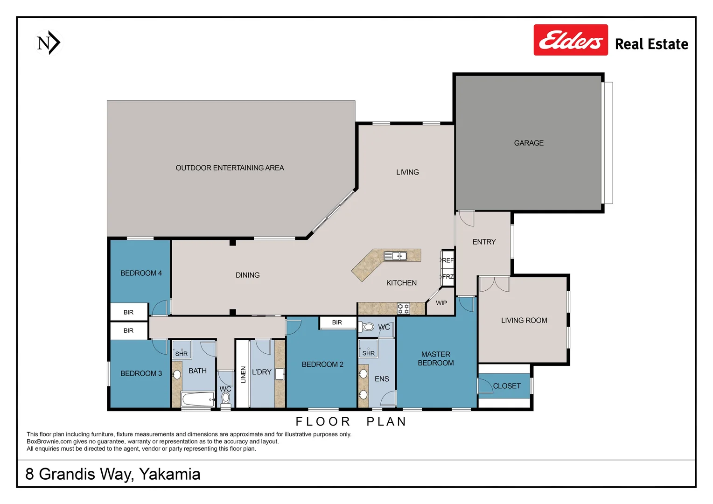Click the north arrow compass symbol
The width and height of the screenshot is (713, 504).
[49, 43]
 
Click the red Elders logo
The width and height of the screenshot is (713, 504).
[570, 40]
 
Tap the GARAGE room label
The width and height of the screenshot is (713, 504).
[529, 143]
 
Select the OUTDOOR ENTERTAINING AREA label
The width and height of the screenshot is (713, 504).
[230, 168]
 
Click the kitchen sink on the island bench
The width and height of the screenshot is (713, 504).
[395, 256]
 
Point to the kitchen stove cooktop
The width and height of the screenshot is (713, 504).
[403, 308]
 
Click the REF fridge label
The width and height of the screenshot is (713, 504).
[447, 260]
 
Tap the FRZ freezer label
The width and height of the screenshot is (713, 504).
[447, 277]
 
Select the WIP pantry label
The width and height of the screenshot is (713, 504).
[441, 303]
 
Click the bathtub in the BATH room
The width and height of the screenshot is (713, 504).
[198, 399]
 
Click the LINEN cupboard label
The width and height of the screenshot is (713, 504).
[243, 374]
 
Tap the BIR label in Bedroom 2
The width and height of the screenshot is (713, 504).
[337, 322]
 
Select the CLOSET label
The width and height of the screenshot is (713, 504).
[506, 386]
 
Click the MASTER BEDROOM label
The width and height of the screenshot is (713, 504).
[435, 359]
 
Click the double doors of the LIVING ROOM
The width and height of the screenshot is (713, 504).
[494, 284]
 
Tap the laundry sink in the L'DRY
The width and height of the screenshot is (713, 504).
[279, 374]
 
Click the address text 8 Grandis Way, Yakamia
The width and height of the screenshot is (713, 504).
[113, 474]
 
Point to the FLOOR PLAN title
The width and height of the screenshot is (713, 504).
[351, 422]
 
